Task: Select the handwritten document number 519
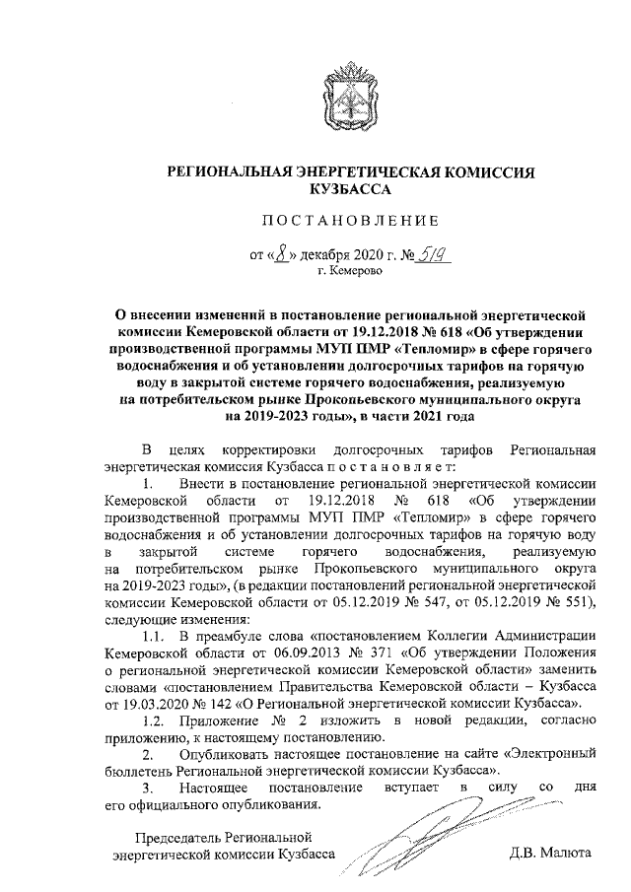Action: coord(429,253)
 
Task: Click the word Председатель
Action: coord(169,837)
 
